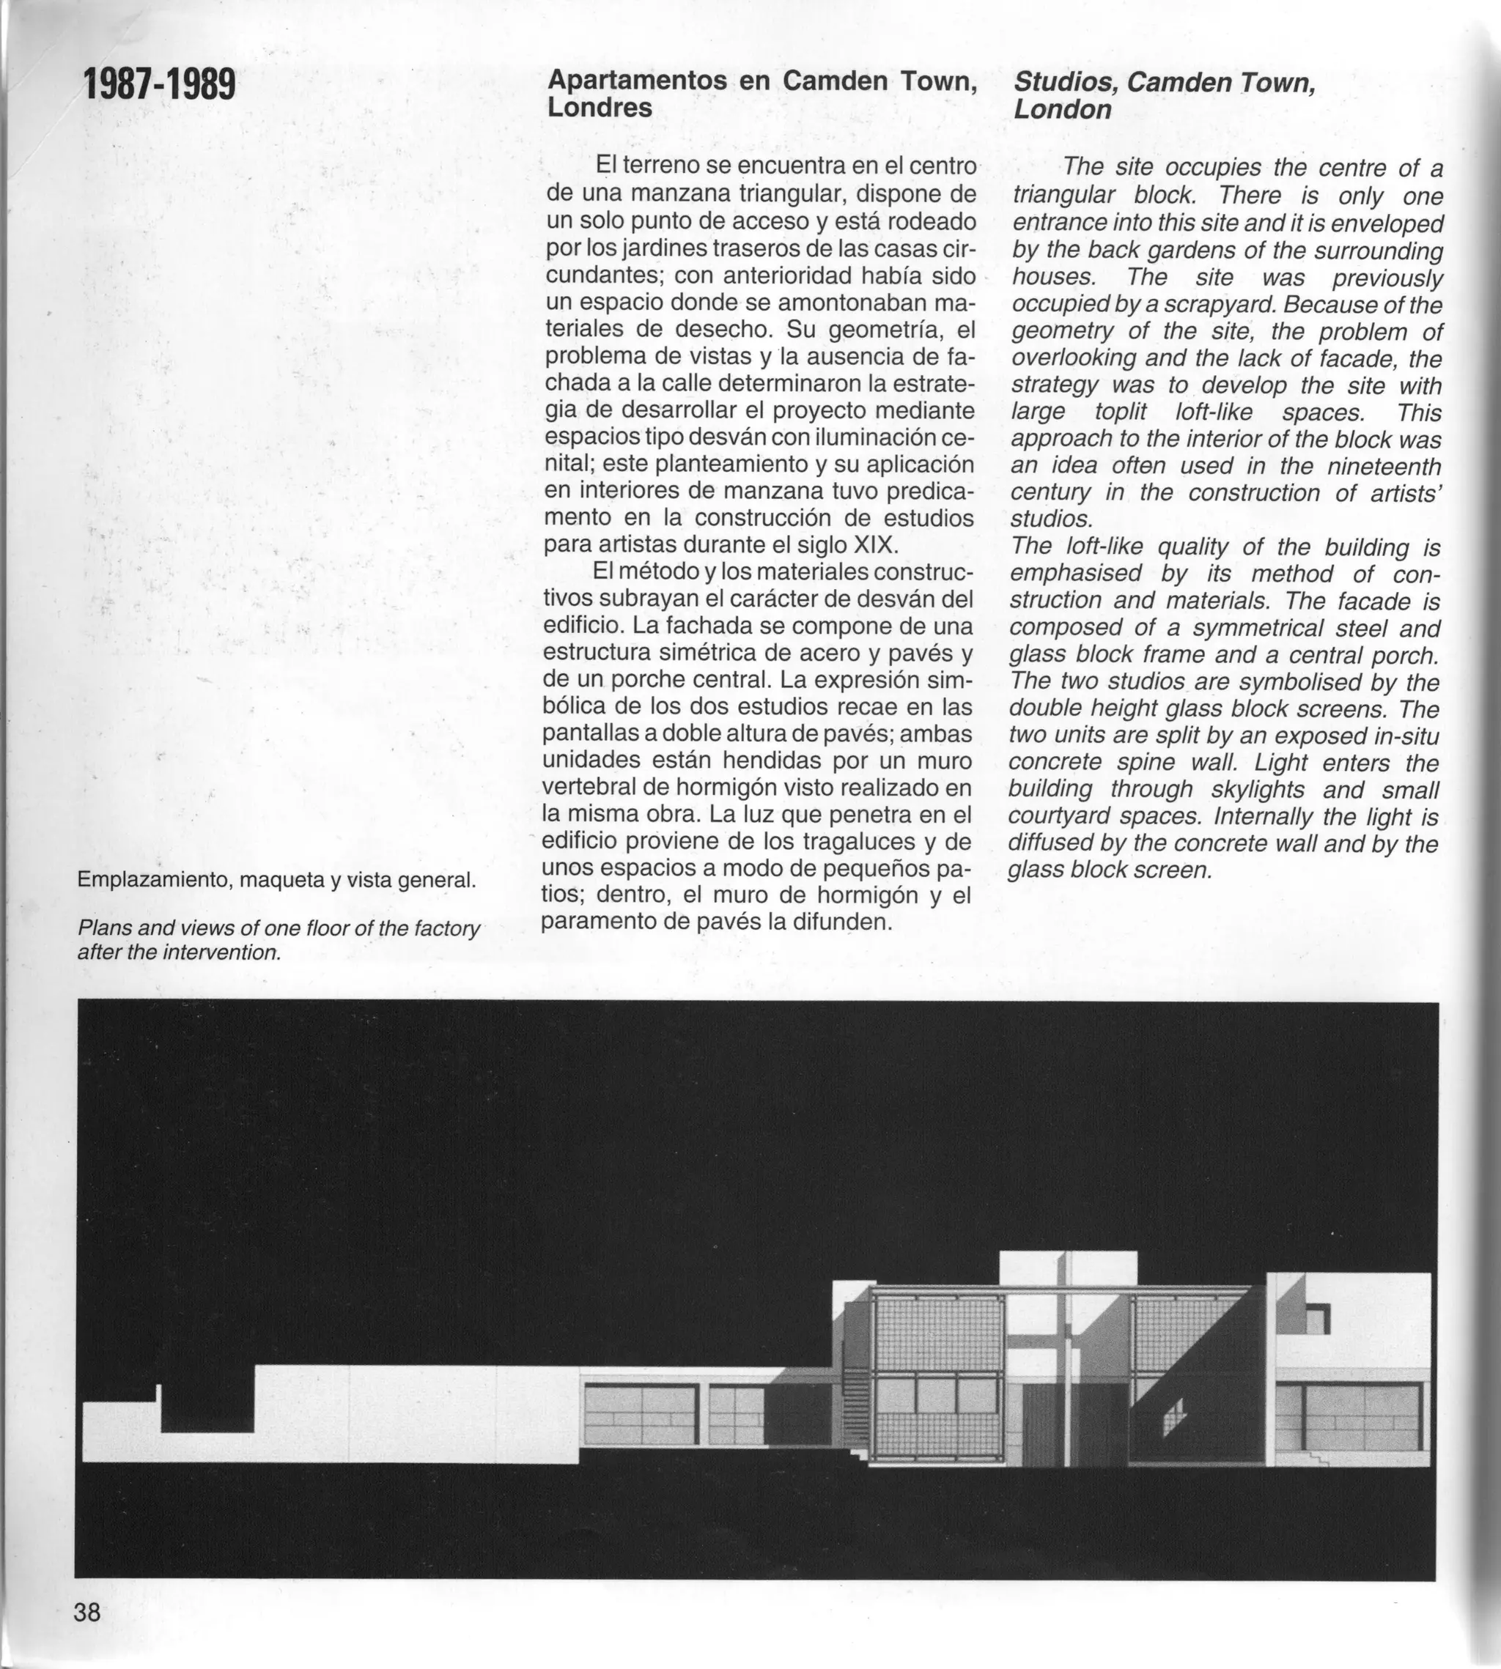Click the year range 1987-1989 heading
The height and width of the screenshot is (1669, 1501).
point(159,85)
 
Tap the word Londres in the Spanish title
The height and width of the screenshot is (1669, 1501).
point(600,108)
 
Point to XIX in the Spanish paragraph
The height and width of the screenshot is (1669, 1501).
point(876,545)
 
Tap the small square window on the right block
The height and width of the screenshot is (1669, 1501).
point(1319,1319)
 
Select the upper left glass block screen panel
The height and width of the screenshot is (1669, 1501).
point(937,1332)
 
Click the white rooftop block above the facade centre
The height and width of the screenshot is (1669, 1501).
point(1067,1268)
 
